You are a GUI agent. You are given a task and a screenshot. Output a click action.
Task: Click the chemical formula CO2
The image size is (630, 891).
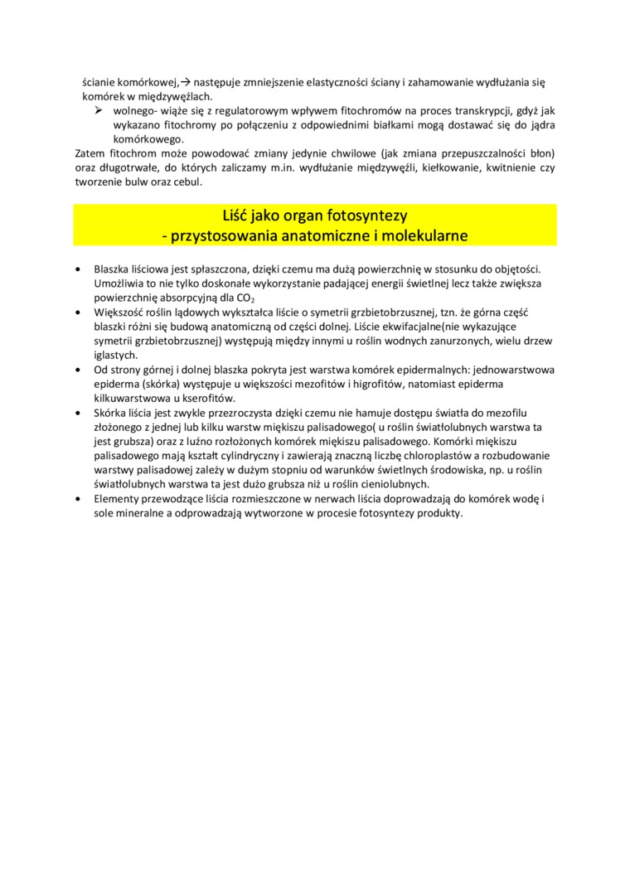coord(245,298)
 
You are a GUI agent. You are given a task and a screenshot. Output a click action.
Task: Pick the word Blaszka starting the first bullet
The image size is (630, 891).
coord(113,269)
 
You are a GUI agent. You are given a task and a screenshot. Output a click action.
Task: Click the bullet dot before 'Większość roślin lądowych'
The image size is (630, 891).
coord(77,312)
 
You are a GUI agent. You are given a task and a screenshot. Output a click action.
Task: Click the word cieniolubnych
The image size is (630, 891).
coord(397,482)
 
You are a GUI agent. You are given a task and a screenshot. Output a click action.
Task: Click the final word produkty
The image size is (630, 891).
coord(437,513)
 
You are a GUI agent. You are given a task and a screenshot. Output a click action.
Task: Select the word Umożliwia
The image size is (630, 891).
coord(118,283)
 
